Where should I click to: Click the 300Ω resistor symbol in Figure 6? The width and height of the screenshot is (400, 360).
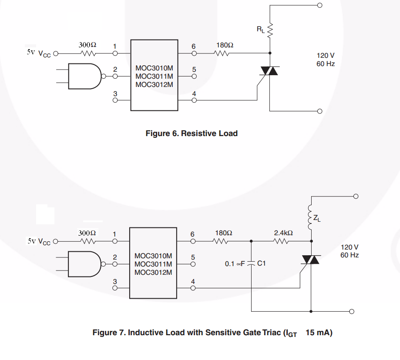tap(88, 53)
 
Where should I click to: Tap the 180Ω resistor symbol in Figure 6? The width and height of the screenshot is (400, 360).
tap(222, 53)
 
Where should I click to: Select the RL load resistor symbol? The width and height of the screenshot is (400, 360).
tap(270, 30)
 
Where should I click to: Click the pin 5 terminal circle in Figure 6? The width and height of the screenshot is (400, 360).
tap(194, 76)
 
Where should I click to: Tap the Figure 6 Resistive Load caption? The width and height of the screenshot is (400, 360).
tap(192, 133)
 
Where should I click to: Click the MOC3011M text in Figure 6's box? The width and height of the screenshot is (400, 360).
tap(154, 77)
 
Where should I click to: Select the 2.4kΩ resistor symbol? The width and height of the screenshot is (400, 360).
tap(281, 241)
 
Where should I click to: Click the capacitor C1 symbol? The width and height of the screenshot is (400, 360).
tap(251, 263)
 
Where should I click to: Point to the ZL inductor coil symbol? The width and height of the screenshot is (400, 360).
tap(311, 217)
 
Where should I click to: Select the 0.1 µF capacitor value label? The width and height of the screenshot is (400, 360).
tap(235, 263)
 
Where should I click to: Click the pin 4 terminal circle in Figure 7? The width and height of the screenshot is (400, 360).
tap(193, 288)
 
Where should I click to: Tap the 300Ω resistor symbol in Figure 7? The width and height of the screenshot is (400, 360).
tap(88, 241)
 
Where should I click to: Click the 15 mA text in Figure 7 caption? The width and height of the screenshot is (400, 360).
tap(319, 333)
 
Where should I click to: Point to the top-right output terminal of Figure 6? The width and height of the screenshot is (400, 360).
tap(319, 5)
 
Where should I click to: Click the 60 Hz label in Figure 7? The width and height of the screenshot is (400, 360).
tap(350, 255)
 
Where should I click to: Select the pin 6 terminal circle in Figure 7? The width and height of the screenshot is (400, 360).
tap(193, 241)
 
